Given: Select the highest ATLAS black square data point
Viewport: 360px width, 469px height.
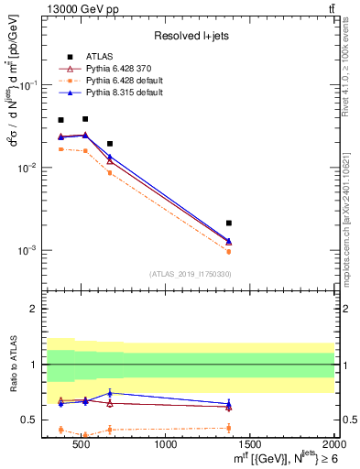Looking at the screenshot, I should (x=85, y=118).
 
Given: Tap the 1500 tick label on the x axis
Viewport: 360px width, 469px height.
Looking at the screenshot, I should (x=250, y=444).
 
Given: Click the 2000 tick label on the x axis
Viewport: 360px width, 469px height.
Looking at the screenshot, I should (x=333, y=444).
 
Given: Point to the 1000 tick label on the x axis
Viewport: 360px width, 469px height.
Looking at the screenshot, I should (x=166, y=444).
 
